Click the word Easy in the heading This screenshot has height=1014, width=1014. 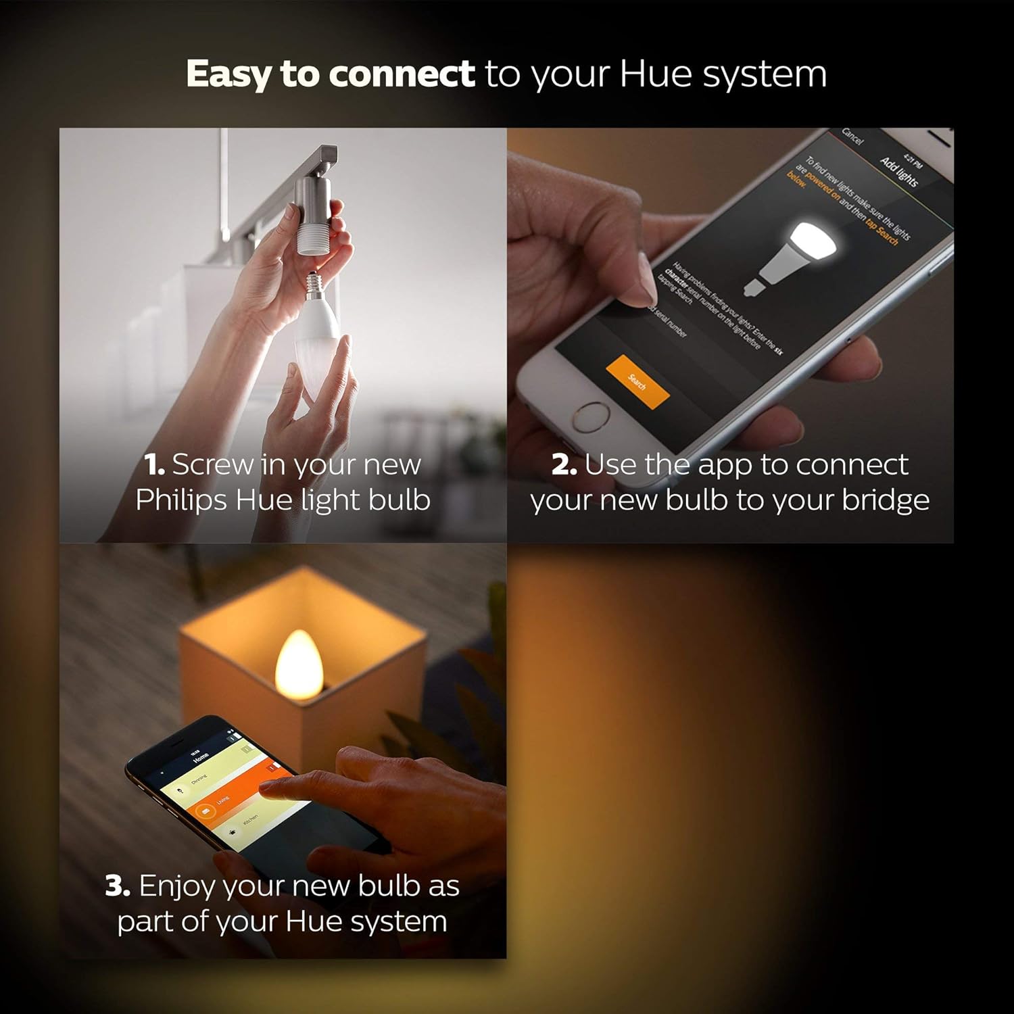(x=227, y=74)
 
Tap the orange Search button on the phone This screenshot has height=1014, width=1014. (x=637, y=382)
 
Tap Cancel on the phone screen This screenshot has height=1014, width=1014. (x=852, y=137)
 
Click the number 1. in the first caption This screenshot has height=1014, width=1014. (x=155, y=465)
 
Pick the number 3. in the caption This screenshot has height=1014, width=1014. (x=118, y=886)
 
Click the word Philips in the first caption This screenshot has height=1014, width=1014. (x=181, y=500)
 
